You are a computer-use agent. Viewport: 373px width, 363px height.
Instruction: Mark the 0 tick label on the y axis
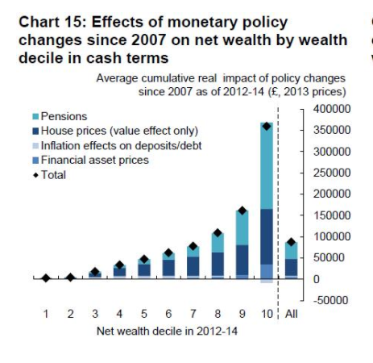(316, 279)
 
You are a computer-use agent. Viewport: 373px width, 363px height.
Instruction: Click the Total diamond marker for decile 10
(267, 126)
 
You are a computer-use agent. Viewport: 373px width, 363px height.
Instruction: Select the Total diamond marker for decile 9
(242, 211)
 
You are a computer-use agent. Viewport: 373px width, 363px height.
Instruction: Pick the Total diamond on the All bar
(291, 241)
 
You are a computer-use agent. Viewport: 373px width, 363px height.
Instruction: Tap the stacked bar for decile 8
(218, 257)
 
